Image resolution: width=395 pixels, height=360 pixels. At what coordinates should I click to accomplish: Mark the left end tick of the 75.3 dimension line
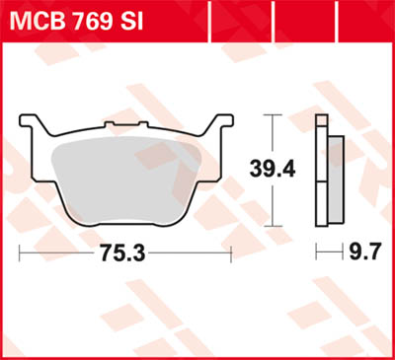[21, 252]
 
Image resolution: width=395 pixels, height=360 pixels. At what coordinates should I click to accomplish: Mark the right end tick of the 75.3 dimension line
[231, 252]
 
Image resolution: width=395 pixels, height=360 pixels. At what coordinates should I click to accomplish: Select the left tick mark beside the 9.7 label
[316, 252]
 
